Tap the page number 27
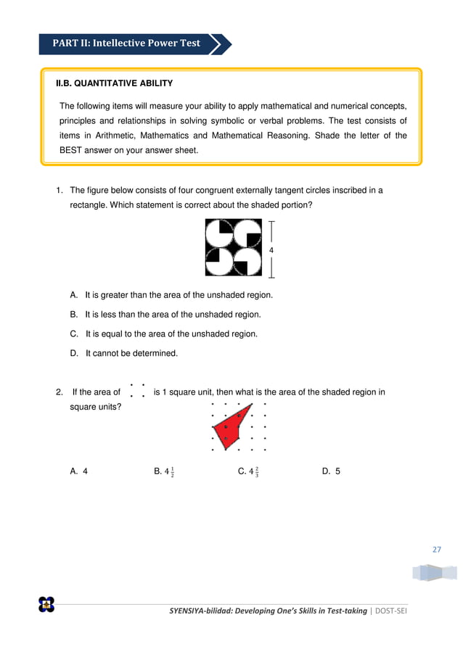(436, 549)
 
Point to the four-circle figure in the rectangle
(233, 247)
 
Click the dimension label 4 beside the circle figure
(271, 250)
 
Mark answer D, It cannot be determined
(125, 354)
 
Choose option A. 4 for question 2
(79, 471)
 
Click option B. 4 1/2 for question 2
(164, 471)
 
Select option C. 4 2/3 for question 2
(248, 471)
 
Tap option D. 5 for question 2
(331, 471)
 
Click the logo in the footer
(46, 604)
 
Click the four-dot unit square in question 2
(136, 391)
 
